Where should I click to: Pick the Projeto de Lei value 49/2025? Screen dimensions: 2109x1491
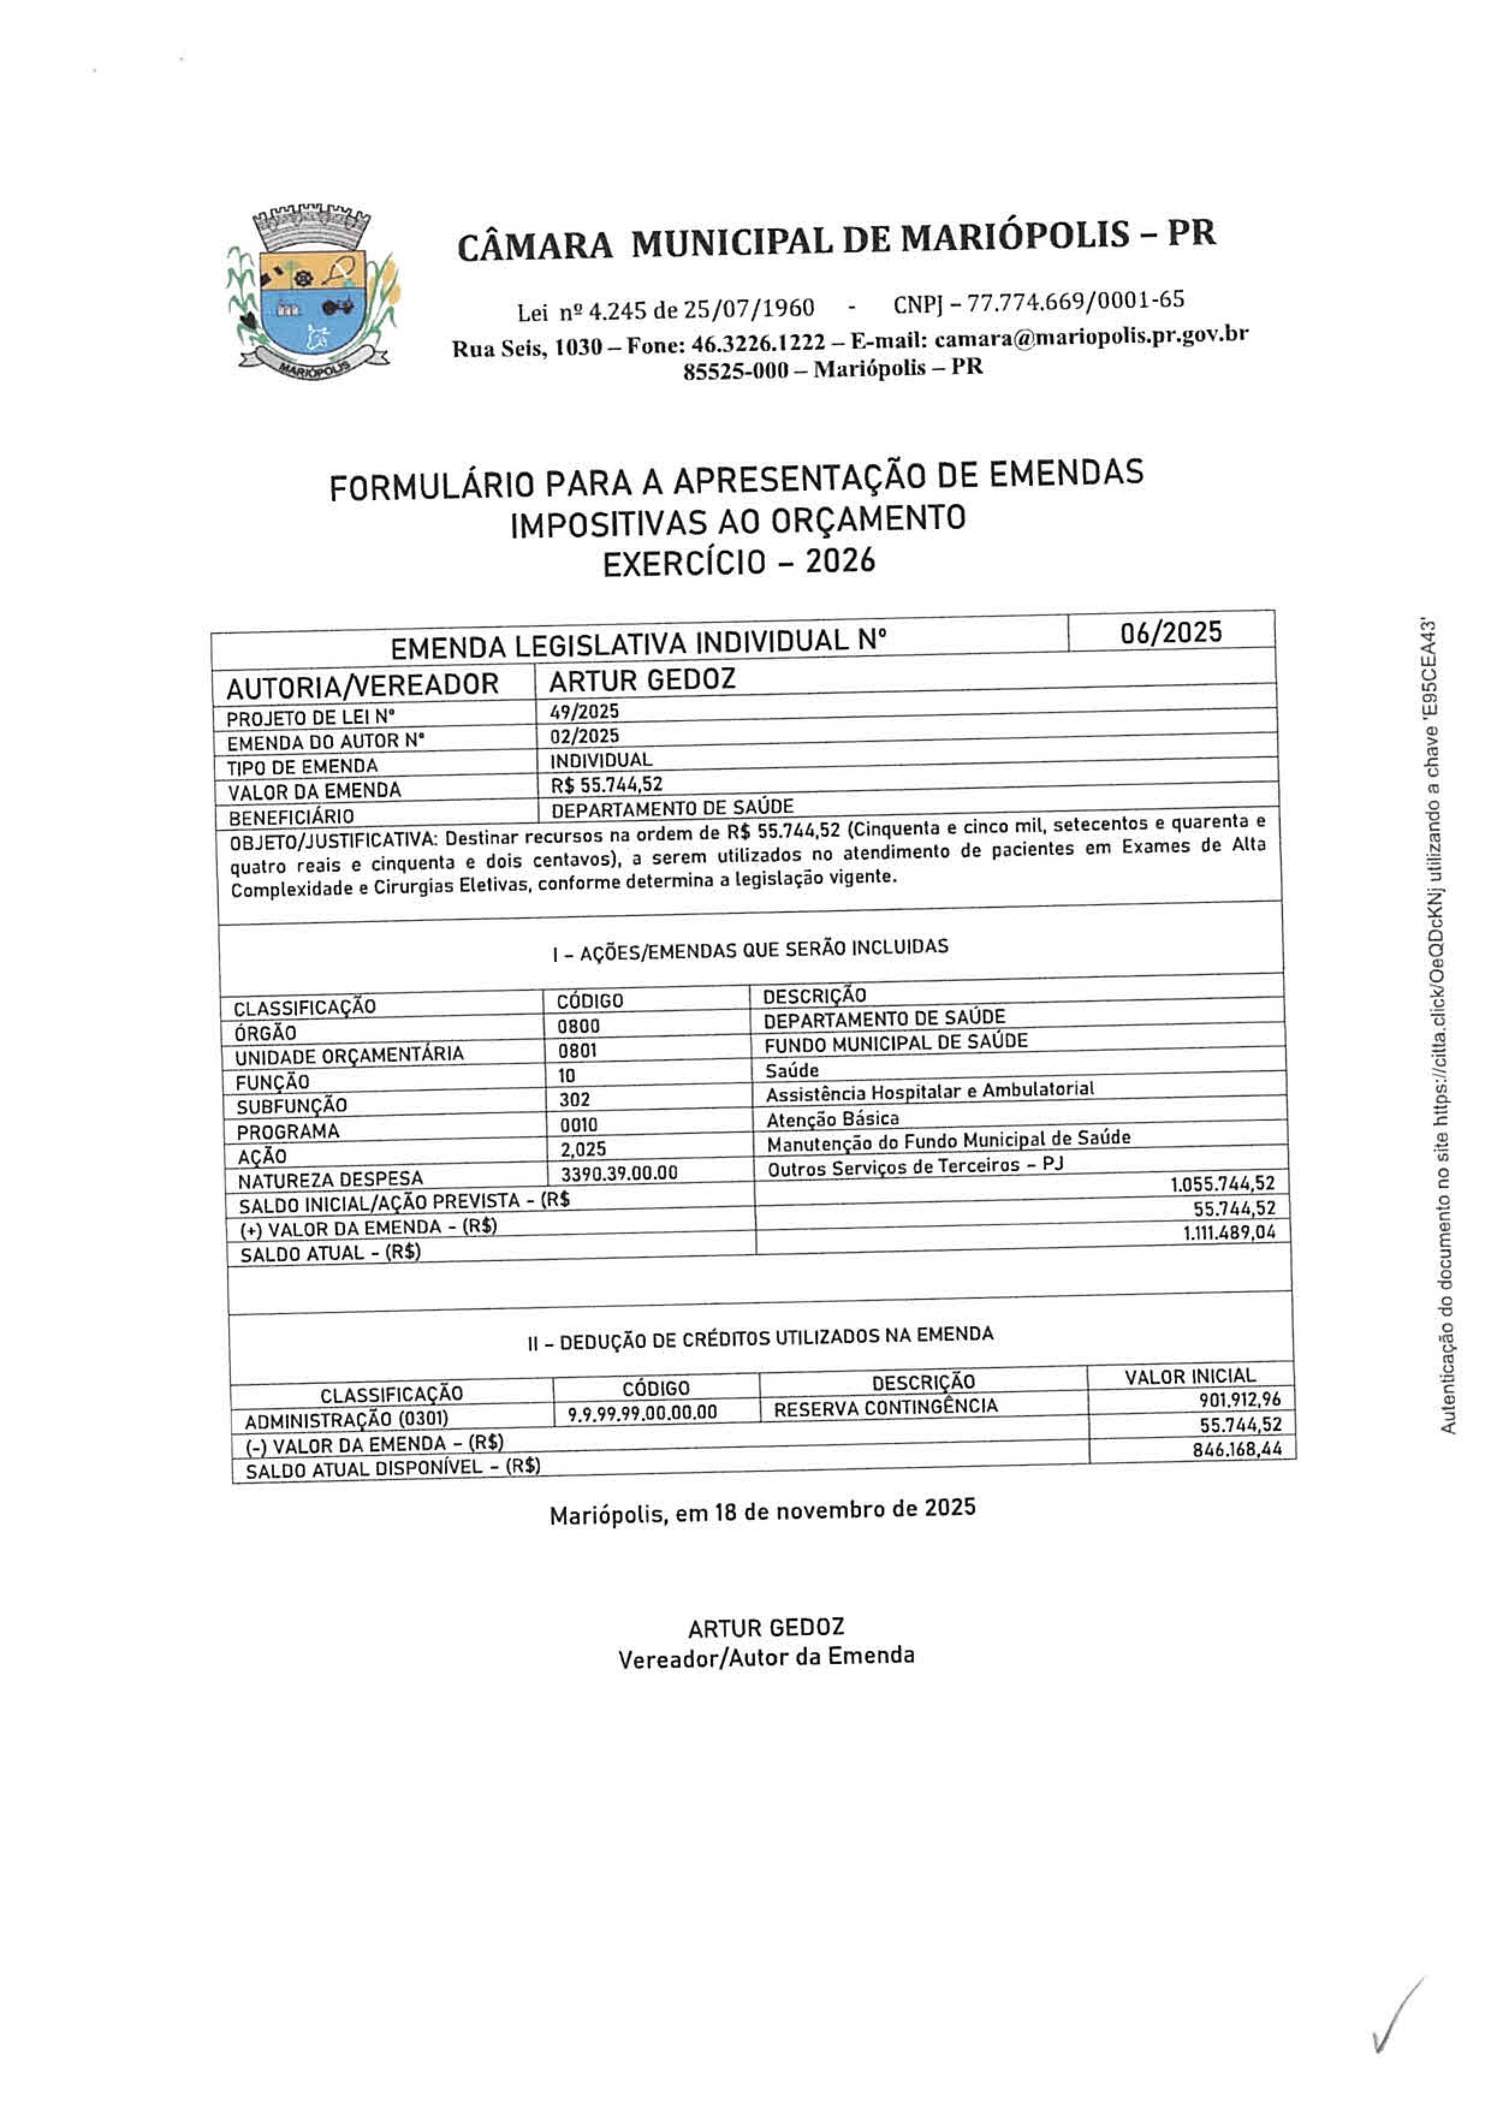pyautogui.click(x=584, y=712)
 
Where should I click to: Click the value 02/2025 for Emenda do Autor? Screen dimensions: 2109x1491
pyautogui.click(x=584, y=736)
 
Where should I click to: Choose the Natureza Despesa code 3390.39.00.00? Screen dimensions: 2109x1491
pyautogui.click(x=619, y=1173)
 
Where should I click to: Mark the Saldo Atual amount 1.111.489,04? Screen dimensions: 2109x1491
pyautogui.click(x=1229, y=1232)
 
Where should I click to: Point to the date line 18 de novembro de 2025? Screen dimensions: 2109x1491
pyautogui.click(x=762, y=1511)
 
